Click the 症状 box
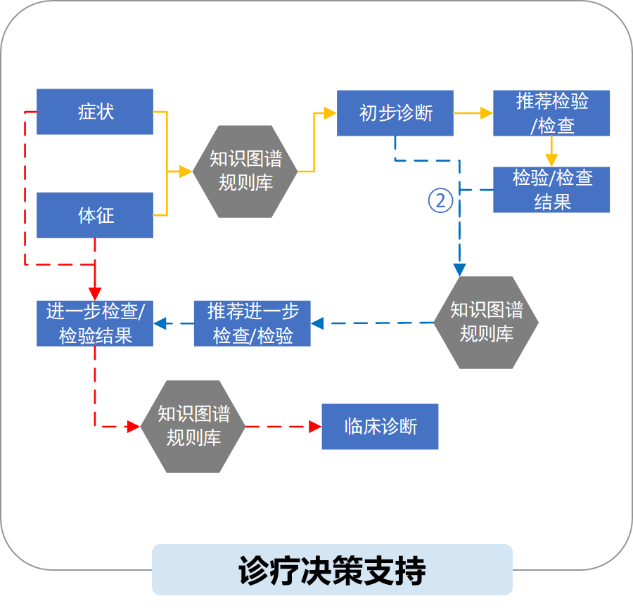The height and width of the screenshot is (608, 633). click(x=94, y=112)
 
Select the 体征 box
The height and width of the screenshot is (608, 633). click(x=94, y=215)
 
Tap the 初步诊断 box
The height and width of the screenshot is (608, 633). click(x=395, y=113)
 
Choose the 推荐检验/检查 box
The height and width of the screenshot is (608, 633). click(x=551, y=113)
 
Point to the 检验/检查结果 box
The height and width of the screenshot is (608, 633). click(x=551, y=190)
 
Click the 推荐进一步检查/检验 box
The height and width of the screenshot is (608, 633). click(x=252, y=323)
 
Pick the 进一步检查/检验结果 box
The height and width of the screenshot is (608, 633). click(x=94, y=323)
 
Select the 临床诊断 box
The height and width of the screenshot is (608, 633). click(x=380, y=427)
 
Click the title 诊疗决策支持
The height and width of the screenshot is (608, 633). click(x=332, y=570)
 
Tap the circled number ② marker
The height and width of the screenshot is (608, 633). click(x=440, y=201)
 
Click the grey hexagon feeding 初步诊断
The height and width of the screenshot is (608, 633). click(x=245, y=172)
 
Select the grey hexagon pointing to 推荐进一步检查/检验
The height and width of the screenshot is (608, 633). click(x=486, y=323)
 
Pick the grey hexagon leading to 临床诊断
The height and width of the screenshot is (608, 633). click(x=193, y=427)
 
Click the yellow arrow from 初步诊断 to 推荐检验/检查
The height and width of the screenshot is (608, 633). click(x=473, y=112)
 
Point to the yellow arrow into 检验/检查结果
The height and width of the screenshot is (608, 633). click(x=551, y=152)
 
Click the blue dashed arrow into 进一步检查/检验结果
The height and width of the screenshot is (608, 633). click(x=173, y=324)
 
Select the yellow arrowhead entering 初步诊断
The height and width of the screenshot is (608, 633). click(x=330, y=112)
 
